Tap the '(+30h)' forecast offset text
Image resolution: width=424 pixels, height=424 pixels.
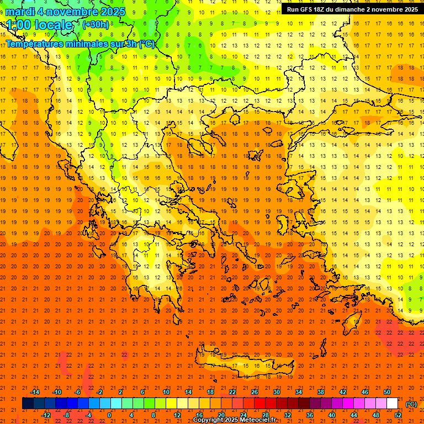(96, 25)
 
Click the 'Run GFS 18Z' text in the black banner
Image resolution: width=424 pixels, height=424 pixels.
(307, 9)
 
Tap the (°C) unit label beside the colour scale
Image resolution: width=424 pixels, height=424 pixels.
(411, 404)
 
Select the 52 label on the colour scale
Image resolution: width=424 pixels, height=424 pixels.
(398, 415)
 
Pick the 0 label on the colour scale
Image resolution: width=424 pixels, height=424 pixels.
(109, 415)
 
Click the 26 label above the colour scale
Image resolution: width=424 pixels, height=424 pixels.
(255, 391)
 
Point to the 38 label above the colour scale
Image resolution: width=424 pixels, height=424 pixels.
(321, 391)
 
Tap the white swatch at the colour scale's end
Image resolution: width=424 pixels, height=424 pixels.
(393, 404)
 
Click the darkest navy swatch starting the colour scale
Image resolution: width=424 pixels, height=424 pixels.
(28, 404)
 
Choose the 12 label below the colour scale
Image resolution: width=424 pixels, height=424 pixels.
(177, 415)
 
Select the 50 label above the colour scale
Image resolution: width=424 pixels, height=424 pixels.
(387, 391)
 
